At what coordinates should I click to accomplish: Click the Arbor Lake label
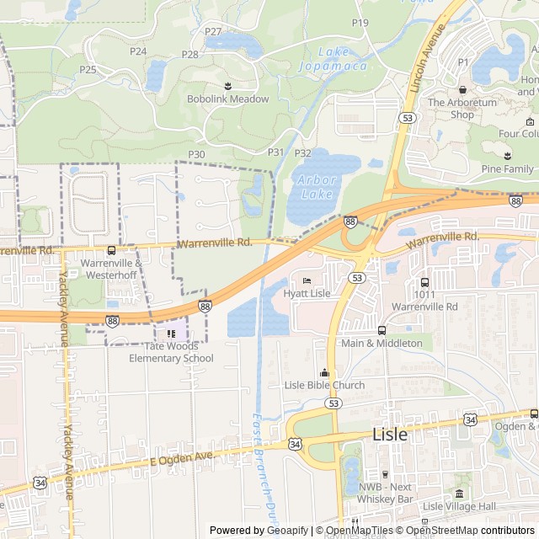click(x=318, y=186)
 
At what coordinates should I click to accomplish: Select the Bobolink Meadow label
click(x=227, y=99)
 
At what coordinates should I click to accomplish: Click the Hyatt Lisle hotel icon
click(x=307, y=280)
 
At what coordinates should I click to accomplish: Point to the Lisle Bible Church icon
click(x=324, y=373)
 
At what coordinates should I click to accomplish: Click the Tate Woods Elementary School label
click(x=171, y=352)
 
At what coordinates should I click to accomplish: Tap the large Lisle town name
click(x=389, y=435)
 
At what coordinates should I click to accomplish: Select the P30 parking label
click(x=196, y=154)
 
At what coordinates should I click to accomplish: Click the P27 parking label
click(x=213, y=32)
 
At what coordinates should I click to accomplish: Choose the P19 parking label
click(x=360, y=23)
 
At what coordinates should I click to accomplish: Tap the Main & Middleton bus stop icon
click(x=382, y=330)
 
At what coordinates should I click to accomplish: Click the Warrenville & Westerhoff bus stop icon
click(x=112, y=250)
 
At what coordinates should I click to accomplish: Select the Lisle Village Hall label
click(x=459, y=506)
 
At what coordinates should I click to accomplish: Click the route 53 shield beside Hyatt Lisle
click(x=358, y=277)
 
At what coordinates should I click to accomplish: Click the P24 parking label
click(x=138, y=51)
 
